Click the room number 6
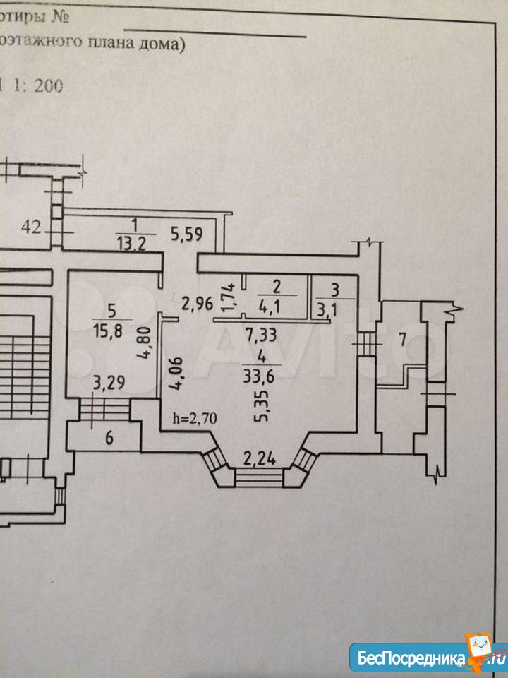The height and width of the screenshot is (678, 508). click(109, 438)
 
